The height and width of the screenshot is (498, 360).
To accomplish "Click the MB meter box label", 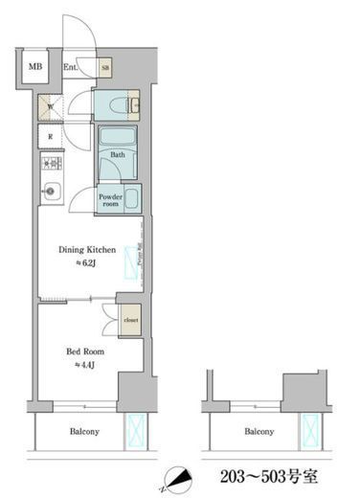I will pos(35,67).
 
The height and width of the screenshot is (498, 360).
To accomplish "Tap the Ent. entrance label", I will pos(71,67).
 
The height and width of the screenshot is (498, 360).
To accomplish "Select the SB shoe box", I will pos(105,67).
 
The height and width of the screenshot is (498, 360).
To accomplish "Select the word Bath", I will pos(118,153).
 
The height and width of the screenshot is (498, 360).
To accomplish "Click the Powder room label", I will pos(110,199).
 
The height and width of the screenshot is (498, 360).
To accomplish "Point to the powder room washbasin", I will pos(133,199).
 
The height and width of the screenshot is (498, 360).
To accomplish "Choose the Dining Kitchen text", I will pos(86,249).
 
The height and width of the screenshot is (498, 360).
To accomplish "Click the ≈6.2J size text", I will pos(86,263).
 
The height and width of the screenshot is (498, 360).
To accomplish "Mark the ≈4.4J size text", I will pos(84,365).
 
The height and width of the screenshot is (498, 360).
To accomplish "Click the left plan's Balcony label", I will pos(84,432).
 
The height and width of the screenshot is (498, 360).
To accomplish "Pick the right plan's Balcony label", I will pos(259,432).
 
